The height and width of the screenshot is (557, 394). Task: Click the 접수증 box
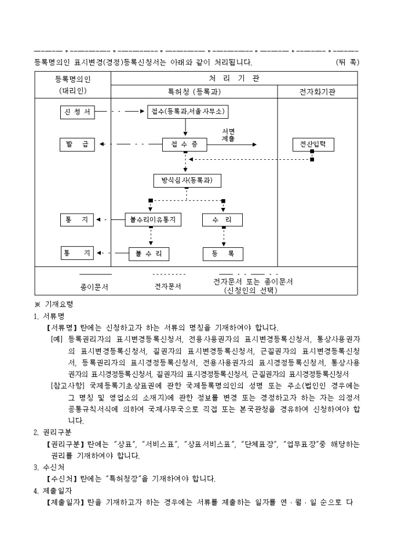185,145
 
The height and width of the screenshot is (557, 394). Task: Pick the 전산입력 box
313,145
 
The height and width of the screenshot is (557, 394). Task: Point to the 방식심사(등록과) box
187,181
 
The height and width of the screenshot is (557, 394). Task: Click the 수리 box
223,220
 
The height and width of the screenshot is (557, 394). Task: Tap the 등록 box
223,253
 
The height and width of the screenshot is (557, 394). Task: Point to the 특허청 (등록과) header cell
193,91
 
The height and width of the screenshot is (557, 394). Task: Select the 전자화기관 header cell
317,91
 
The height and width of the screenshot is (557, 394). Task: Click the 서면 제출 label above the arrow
228,135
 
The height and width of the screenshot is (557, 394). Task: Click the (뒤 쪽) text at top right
347,61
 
